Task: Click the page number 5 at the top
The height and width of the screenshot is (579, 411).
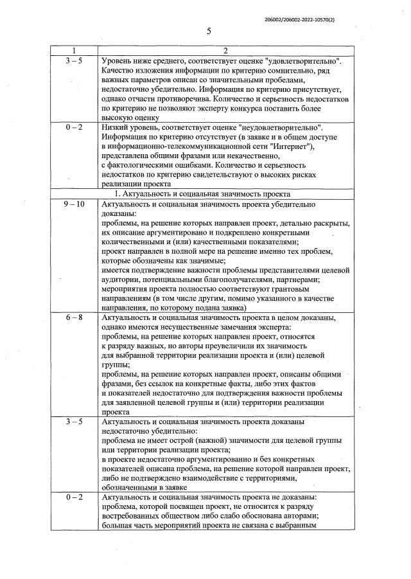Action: point(209,31)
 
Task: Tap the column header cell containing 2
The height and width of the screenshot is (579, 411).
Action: point(225,51)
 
